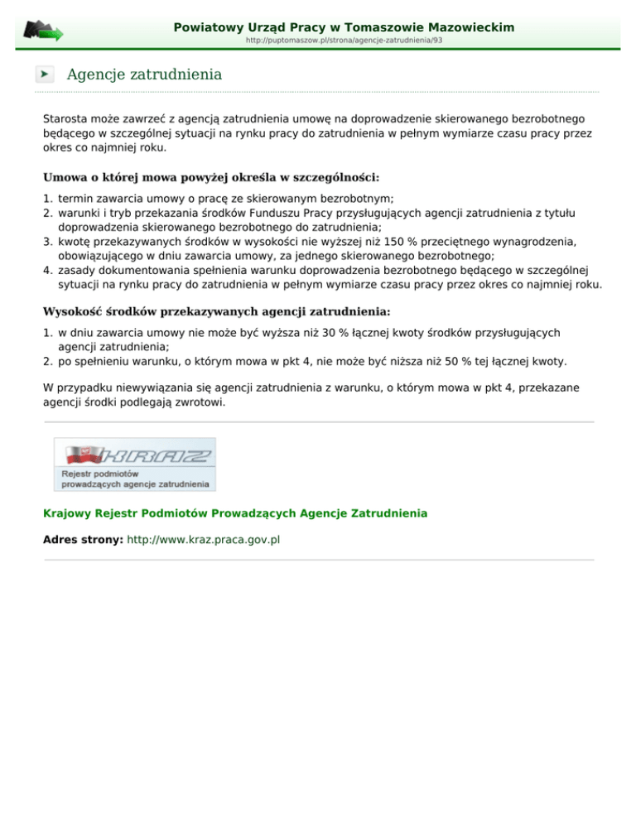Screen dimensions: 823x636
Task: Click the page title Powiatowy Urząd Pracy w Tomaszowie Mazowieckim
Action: pos(344,27)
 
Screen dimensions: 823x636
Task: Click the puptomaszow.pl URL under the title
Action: pos(344,40)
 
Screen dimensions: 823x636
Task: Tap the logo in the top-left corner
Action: pos(42,31)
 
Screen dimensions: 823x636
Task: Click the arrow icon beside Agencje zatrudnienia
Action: pos(45,75)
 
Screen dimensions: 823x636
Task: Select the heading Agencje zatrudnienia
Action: pos(144,75)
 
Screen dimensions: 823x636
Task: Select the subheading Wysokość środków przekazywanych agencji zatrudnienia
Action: pos(217,311)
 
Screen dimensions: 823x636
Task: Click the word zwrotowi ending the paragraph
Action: pos(202,403)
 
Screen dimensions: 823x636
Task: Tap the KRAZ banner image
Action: pos(134,464)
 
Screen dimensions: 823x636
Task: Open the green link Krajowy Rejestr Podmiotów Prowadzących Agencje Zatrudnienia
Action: pos(235,513)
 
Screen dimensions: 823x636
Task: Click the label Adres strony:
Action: pos(83,539)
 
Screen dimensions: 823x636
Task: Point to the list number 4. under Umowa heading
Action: pos(48,270)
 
